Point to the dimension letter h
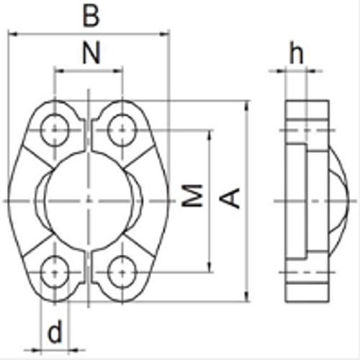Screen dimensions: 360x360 click(295, 53)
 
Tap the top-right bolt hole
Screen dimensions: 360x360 click(120, 130)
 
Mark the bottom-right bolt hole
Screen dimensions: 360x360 click(120, 271)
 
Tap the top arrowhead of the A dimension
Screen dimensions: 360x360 click(247, 105)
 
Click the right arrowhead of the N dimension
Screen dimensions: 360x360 click(117, 71)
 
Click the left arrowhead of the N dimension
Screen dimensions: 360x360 click(58, 71)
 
